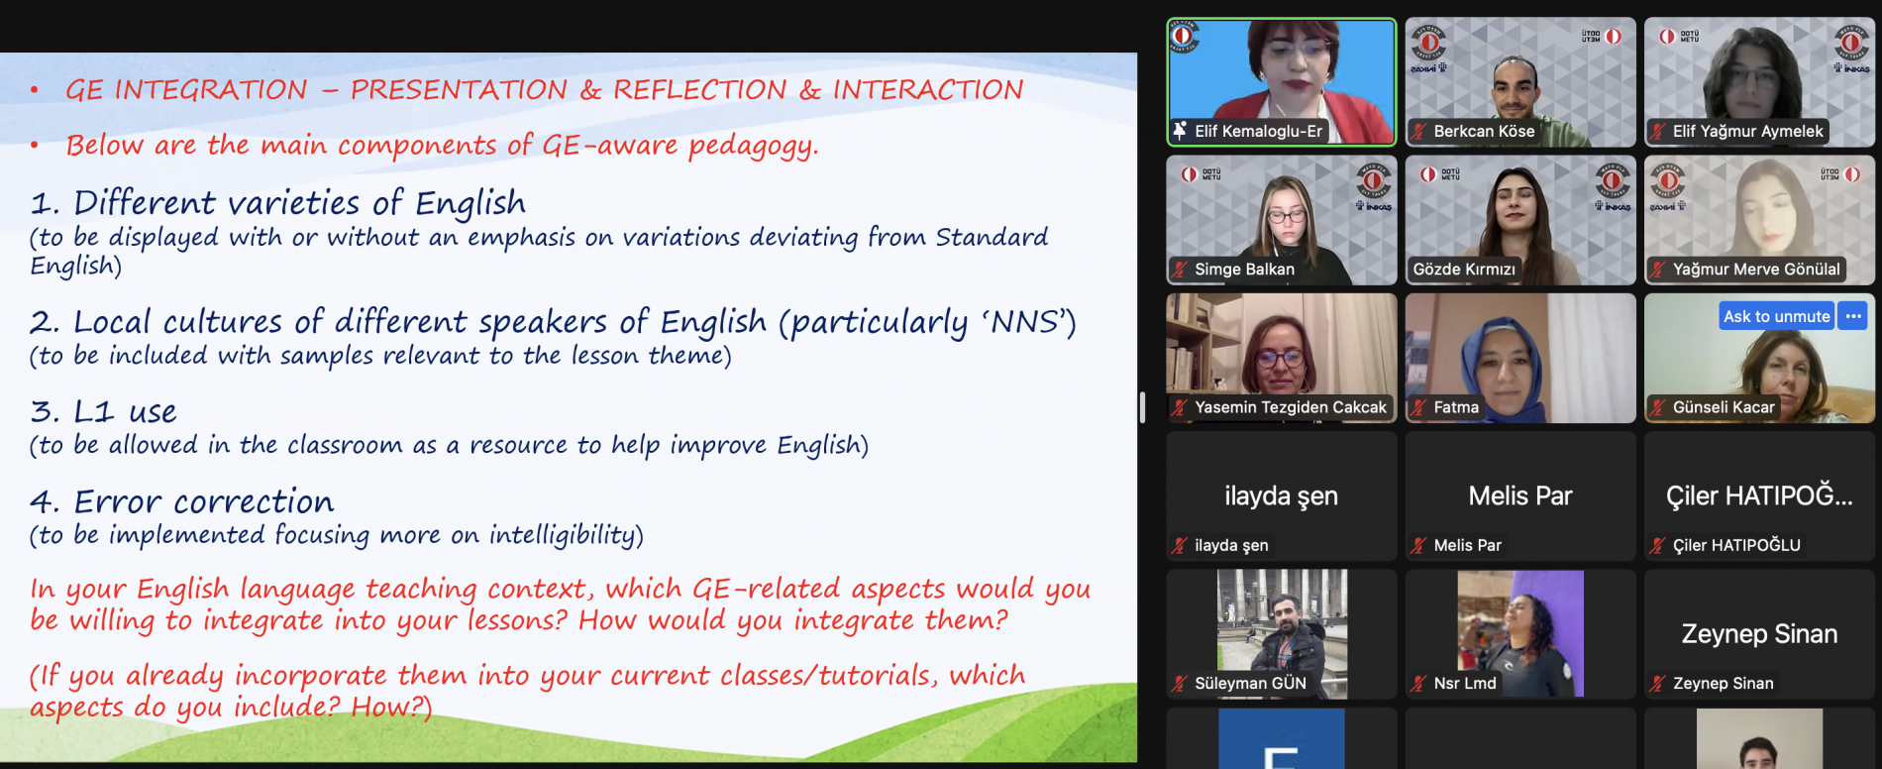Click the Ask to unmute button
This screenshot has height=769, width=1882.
coord(1777,316)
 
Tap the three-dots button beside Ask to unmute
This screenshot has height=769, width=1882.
coord(1853,316)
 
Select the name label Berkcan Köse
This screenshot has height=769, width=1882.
coord(1484,131)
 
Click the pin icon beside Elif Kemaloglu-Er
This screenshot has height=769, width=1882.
coord(1180,131)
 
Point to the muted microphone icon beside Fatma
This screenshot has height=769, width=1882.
coord(1418,407)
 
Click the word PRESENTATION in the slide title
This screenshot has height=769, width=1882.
coord(459,90)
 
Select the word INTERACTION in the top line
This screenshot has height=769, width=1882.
coord(928,90)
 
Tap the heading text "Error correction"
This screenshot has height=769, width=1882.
coord(204,502)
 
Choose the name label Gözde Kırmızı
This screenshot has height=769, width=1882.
coord(1464,269)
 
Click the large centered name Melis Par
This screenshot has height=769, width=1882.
coord(1520,495)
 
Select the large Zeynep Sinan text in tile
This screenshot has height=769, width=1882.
coord(1759,634)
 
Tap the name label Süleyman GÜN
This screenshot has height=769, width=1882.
coord(1250,683)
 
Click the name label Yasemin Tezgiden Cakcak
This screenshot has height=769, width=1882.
coord(1291,407)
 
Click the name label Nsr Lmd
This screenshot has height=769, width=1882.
coord(1465,683)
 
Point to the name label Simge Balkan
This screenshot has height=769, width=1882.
coord(1244,269)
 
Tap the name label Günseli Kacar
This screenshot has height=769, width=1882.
coord(1724,407)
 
